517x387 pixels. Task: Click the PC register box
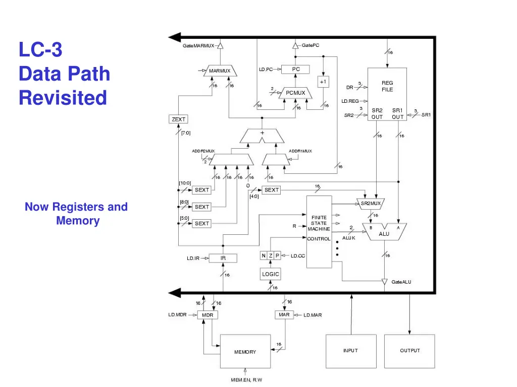point(295,70)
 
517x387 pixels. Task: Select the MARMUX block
point(220,71)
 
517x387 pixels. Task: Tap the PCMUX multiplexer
point(295,93)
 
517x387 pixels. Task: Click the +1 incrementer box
point(323,82)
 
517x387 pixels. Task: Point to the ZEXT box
point(179,119)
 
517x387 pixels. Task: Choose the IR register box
point(223,258)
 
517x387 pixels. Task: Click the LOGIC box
point(270,274)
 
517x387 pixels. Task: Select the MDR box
point(208,315)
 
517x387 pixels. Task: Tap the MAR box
point(284,314)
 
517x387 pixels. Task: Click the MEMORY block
point(245,351)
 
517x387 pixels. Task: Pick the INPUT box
point(350,351)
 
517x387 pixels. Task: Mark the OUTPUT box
point(409,351)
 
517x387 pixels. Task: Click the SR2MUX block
point(371,204)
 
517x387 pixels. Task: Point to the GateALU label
point(401,282)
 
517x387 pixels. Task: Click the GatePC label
point(311,46)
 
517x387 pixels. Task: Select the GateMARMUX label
point(198,46)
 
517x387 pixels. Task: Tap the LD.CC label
point(298,256)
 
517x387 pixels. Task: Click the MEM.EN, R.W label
point(246,380)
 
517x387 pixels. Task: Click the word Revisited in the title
point(63,97)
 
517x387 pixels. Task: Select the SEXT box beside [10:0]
point(202,190)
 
